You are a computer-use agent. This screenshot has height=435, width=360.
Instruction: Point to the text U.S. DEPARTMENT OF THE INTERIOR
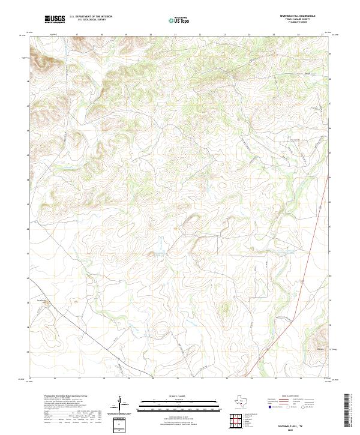(x=91, y=17)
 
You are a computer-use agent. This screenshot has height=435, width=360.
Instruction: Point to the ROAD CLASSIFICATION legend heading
(x=294, y=397)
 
